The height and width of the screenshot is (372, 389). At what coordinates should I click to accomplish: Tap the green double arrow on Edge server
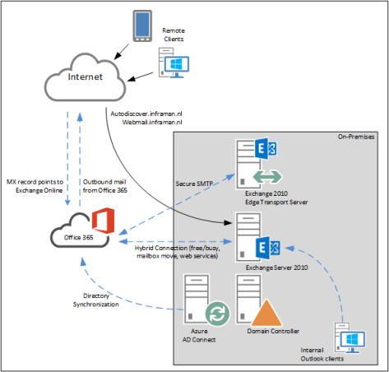coord(264,176)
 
